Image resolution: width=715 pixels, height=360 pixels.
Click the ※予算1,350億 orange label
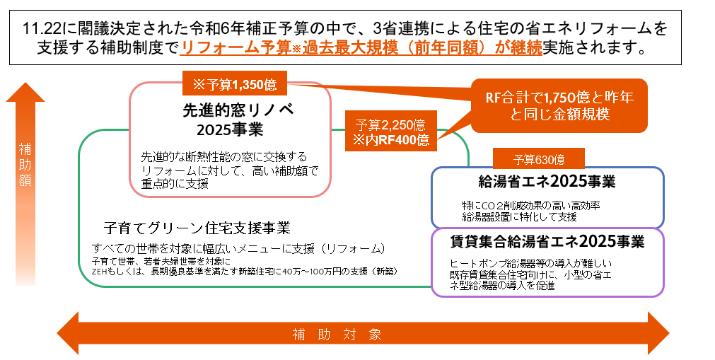pos(235,85)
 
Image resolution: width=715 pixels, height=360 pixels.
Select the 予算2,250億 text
pos(391,125)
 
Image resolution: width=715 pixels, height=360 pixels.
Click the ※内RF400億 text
pos(391,140)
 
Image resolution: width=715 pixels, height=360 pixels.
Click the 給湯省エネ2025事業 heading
pos(547,182)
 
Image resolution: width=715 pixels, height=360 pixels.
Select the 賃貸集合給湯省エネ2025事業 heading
pos(547,242)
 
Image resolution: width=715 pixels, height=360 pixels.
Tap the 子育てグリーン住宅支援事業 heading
pos(197,228)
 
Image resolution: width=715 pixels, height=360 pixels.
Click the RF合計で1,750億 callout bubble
pos(559,105)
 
